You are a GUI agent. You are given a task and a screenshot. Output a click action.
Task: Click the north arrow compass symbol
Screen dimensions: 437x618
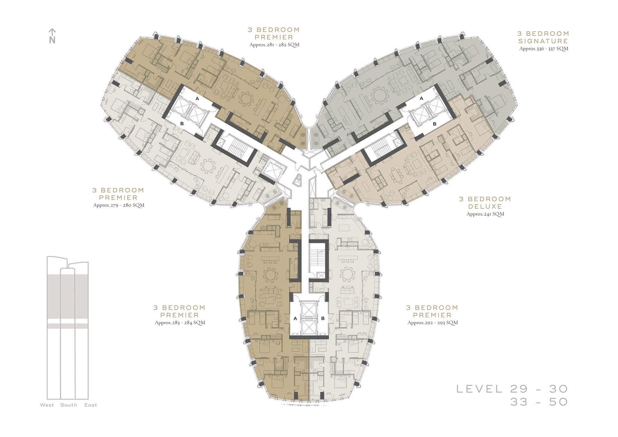(x=52, y=36)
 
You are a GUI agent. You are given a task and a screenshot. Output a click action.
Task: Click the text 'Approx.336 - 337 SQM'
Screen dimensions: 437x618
(x=544, y=49)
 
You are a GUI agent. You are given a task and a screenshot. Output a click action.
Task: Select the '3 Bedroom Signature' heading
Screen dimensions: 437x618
(x=543, y=37)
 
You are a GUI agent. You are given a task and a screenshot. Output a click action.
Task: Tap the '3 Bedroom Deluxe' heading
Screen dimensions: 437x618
(x=485, y=203)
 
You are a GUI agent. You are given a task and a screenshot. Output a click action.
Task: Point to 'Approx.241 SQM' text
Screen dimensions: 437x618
(x=485, y=214)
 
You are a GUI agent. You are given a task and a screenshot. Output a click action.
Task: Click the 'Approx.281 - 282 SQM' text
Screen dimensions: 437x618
(x=274, y=45)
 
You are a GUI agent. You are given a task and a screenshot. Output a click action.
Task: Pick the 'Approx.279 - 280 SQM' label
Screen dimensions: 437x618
(x=118, y=205)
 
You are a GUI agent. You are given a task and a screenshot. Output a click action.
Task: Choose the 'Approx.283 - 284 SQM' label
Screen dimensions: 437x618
(x=180, y=322)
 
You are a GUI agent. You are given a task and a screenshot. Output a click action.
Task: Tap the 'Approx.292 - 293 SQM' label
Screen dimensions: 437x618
(x=433, y=322)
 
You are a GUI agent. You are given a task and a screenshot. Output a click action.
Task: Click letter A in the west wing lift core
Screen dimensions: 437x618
(x=197, y=99)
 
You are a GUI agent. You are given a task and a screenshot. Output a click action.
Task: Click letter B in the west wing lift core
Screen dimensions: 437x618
(x=182, y=124)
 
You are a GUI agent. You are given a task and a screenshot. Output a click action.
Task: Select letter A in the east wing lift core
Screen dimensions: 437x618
(x=422, y=98)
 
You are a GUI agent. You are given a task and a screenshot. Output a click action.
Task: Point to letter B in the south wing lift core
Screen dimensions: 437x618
(x=323, y=318)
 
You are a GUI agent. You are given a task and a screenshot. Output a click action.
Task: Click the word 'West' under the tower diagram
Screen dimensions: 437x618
(x=47, y=405)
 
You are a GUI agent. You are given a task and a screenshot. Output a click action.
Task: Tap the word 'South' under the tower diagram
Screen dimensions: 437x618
(x=69, y=405)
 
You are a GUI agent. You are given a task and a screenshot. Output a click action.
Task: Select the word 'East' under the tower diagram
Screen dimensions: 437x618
(x=90, y=405)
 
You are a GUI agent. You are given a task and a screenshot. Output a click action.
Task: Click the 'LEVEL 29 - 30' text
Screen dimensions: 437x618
(x=512, y=389)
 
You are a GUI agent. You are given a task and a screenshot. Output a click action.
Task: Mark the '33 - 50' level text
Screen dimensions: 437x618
(x=539, y=402)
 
